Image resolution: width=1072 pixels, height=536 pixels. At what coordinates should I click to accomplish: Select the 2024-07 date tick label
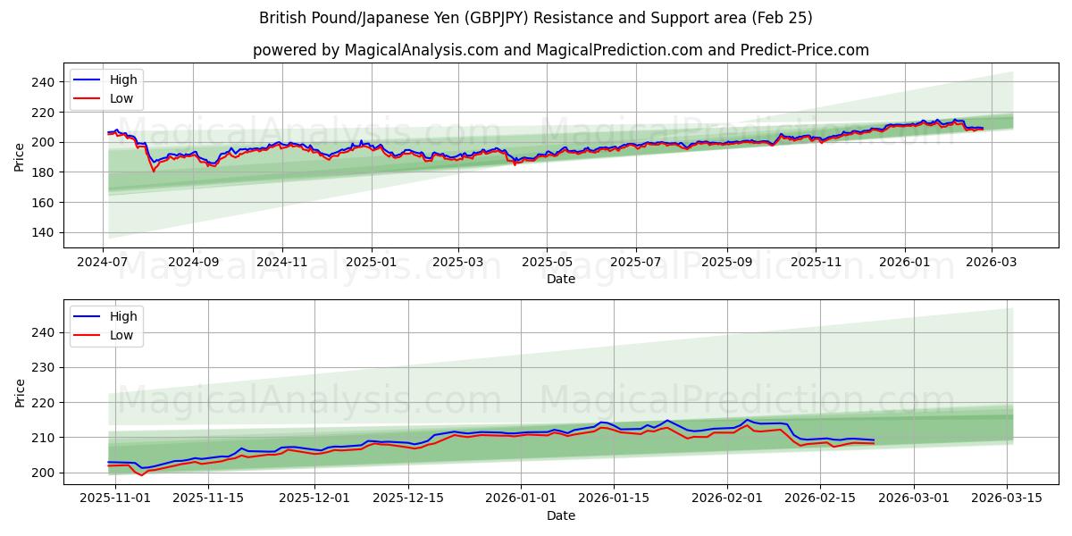pyautogui.click(x=103, y=263)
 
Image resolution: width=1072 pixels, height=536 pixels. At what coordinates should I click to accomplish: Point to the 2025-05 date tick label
pyautogui.click(x=547, y=263)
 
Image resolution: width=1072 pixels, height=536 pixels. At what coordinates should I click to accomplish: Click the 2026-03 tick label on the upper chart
pyautogui.click(x=992, y=263)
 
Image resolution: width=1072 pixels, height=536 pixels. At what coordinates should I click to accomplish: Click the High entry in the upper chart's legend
pyautogui.click(x=123, y=80)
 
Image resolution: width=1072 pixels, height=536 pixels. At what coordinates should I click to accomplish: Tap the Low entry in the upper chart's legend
pyautogui.click(x=121, y=98)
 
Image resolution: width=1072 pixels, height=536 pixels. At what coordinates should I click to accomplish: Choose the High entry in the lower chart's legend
pyautogui.click(x=123, y=316)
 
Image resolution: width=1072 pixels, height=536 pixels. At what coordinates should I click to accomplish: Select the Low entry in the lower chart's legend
pyautogui.click(x=121, y=335)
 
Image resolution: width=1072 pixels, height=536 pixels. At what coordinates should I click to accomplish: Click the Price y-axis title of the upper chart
pyautogui.click(x=20, y=156)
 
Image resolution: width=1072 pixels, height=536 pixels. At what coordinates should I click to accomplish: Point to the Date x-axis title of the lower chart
pyautogui.click(x=561, y=515)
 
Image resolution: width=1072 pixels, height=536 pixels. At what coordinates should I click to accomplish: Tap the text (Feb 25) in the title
pyautogui.click(x=783, y=18)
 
